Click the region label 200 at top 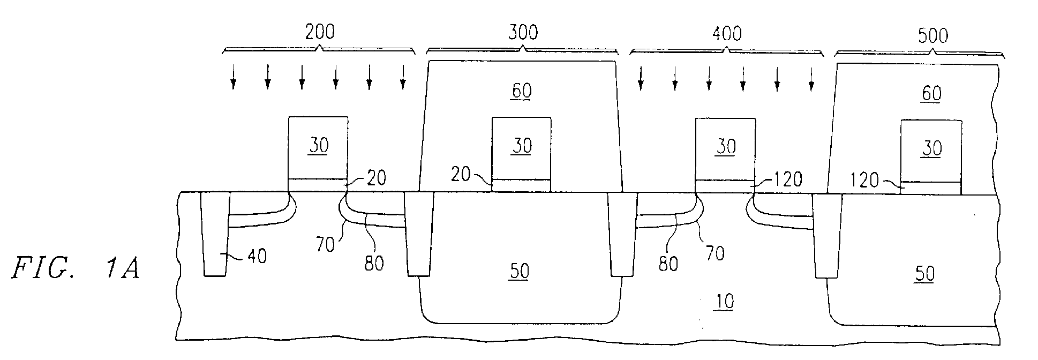[x=320, y=32]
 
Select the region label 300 [x=523, y=33]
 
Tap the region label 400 [x=727, y=34]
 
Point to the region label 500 [x=932, y=36]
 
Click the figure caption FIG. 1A [x=76, y=267]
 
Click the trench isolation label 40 [x=257, y=256]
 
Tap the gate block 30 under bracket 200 [x=318, y=148]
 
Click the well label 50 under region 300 [x=519, y=272]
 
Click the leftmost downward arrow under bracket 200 [x=233, y=77]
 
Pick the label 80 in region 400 [x=668, y=264]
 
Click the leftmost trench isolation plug [x=215, y=234]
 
